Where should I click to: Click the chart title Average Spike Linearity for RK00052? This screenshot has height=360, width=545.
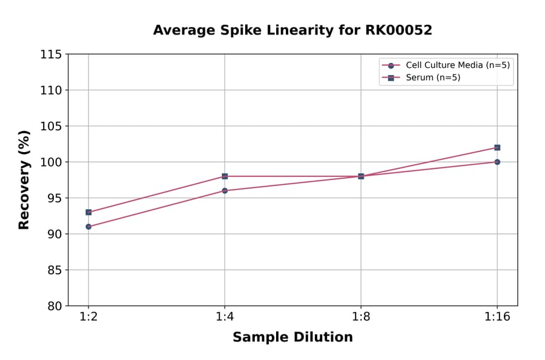(x=292, y=30)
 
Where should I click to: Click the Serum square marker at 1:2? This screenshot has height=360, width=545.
(x=88, y=212)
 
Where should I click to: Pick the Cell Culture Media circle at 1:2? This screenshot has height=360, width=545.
(x=88, y=227)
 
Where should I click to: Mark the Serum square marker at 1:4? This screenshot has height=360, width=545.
(x=225, y=176)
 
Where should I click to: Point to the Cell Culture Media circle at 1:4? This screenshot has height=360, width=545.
(x=225, y=191)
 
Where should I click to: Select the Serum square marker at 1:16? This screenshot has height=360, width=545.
(x=497, y=147)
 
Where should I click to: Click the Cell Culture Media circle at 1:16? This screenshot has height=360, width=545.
(x=497, y=162)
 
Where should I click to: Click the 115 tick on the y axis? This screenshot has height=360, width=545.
(x=51, y=55)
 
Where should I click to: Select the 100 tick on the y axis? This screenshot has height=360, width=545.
(x=51, y=162)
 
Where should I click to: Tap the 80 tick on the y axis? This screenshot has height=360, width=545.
(x=54, y=306)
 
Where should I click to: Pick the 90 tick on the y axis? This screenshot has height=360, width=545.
(x=54, y=234)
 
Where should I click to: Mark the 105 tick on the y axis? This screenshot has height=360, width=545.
(x=51, y=126)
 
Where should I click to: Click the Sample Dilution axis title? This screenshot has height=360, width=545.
(x=292, y=338)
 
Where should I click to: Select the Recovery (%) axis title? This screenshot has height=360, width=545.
(x=24, y=180)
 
